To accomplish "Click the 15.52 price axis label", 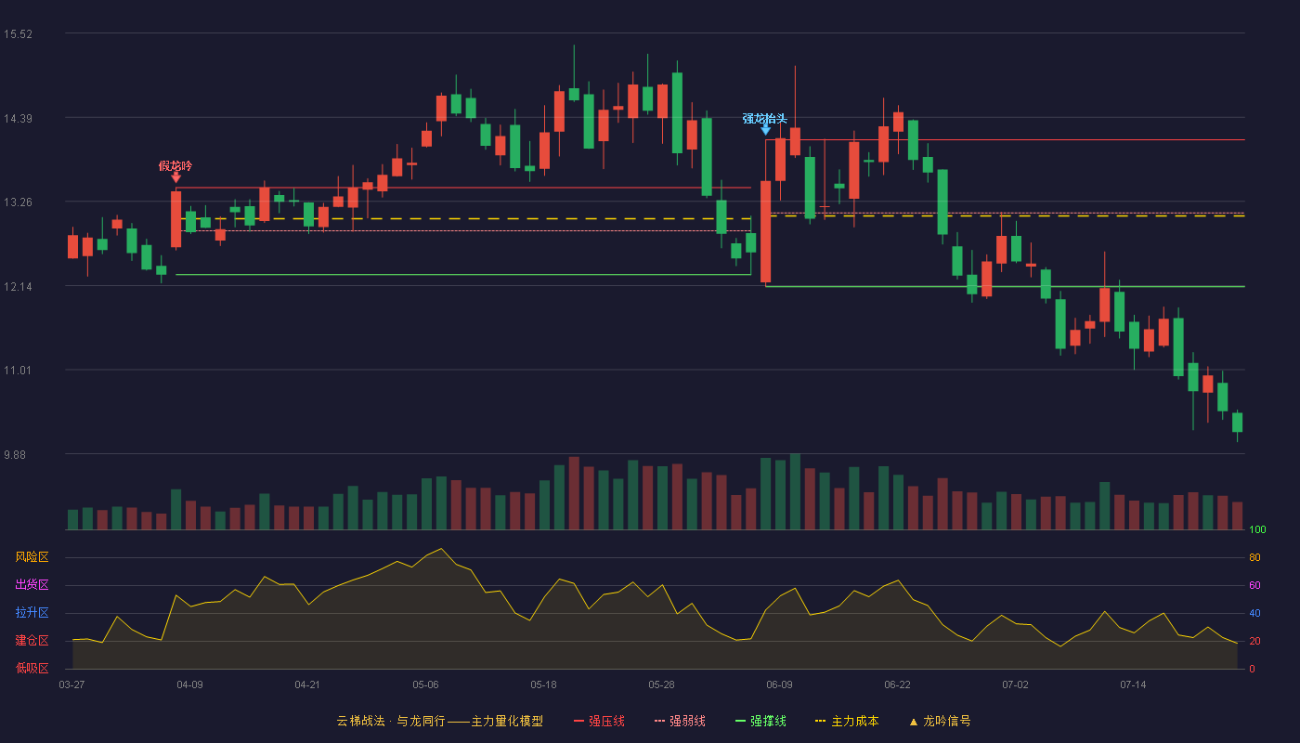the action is pos(18,34).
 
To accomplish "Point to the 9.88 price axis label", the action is pos(15,454).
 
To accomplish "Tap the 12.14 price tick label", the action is pos(18,287).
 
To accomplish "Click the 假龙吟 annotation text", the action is pos(175,166).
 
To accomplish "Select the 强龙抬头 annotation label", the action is pos(765,119).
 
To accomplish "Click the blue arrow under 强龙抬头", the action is pos(765,129).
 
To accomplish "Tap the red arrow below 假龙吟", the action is pos(175,177).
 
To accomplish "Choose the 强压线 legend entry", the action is pos(600,721).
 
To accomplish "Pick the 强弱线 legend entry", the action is pos(680,721).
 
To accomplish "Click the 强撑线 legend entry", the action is pos(760,721).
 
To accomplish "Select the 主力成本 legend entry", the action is pos(847,721).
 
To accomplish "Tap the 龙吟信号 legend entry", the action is pos(940,721).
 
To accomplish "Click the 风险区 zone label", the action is pos(32,557).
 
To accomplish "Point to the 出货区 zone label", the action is pos(32,584).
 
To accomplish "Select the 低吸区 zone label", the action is pos(32,668).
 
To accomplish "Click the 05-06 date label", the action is pos(425,685).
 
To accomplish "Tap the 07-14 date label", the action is pos(1133,685).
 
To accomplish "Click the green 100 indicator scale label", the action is pos(1257,529).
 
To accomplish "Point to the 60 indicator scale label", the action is pos(1254,585).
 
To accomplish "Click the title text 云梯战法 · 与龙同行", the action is pos(391,721).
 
